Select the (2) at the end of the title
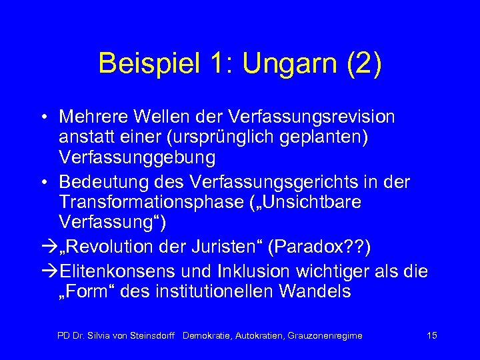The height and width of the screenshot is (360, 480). (x=363, y=64)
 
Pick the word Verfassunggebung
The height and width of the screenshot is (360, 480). (x=137, y=159)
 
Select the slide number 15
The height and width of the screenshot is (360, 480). (x=431, y=335)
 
